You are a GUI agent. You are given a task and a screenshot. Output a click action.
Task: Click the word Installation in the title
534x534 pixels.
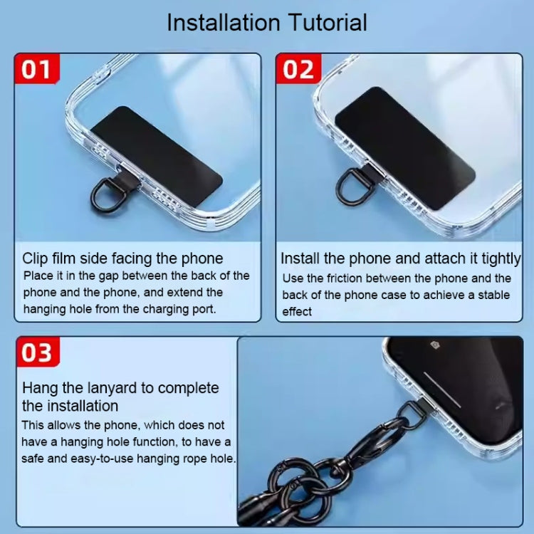coord(222,22)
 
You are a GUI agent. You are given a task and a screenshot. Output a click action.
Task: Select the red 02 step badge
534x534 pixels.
coord(298,70)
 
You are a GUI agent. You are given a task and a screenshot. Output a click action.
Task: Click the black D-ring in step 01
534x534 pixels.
coord(105,191)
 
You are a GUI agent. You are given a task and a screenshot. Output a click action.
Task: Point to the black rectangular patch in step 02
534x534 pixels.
coord(404,147)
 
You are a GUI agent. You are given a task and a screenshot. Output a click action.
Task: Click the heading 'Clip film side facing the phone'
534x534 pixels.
coord(122,258)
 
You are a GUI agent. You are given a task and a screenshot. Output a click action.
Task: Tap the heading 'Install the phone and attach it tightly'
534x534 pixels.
coord(400,258)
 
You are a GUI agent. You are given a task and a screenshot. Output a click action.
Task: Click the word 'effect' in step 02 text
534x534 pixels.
coord(297,311)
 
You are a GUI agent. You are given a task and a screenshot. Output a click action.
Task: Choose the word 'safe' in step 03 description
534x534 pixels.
coord(36,459)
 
